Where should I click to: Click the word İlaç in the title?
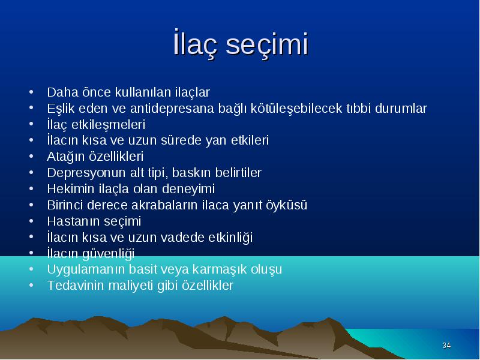coord(196,44)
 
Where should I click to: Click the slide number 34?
coord(446,346)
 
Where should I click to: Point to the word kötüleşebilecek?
coord(296,109)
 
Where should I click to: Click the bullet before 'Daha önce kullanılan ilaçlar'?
coord(31,92)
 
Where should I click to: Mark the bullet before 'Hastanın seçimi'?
coord(31,221)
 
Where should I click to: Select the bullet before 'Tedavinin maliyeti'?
coord(31,286)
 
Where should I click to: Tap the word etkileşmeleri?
coord(108,125)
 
